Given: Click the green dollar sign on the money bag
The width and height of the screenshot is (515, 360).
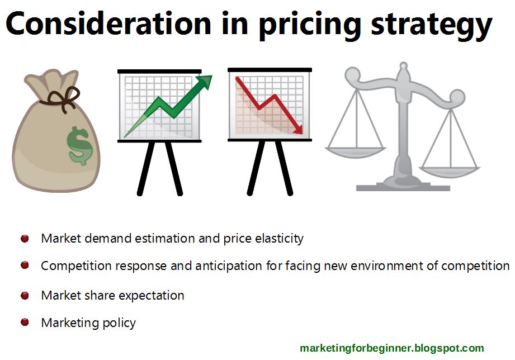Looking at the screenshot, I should tap(79, 145).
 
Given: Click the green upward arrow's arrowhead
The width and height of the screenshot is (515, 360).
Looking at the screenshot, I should tap(205, 82).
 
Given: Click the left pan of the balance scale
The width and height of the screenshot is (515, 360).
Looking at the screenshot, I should tap(356, 151).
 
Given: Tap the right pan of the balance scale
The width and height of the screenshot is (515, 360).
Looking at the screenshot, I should tap(450, 166).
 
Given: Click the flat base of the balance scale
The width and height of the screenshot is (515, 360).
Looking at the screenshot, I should tap(403, 187).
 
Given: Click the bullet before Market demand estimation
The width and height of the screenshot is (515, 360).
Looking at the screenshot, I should tap(25, 239).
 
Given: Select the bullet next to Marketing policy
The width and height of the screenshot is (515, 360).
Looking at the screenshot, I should tap(25, 323).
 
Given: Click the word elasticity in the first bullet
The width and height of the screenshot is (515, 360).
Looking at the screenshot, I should tap(279, 239).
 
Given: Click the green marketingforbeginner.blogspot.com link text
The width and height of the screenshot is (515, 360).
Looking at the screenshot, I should tap(391, 348).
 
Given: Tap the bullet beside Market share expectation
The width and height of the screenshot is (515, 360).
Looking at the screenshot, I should tap(25, 295).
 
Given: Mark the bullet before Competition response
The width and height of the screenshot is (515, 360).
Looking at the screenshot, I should tap(25, 266).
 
